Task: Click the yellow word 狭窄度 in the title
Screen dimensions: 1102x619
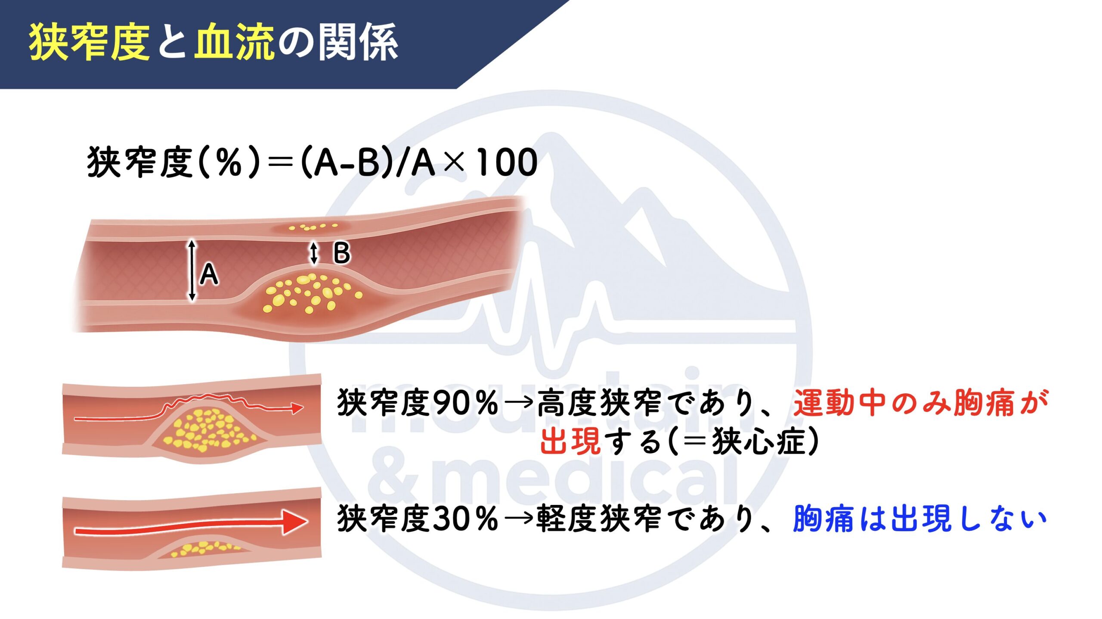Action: tap(89, 42)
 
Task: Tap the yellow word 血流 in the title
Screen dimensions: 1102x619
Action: tap(234, 42)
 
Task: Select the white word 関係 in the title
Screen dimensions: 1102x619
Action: tap(358, 42)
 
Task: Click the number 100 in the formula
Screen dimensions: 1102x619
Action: tap(507, 162)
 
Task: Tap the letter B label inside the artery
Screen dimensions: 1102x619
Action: tap(342, 253)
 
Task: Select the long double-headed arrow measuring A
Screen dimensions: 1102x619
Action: tap(192, 270)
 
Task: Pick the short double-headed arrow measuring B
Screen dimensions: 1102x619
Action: tap(314, 253)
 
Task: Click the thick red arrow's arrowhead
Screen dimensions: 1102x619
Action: tap(295, 522)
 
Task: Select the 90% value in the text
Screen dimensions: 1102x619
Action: tap(465, 403)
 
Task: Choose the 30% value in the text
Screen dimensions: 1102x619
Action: tap(465, 519)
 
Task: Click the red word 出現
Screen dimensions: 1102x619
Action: tap(570, 441)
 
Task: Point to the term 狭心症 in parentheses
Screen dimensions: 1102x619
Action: tap(758, 441)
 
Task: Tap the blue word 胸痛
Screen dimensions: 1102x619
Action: tap(823, 519)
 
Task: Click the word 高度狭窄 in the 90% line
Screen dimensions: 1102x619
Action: tap(599, 403)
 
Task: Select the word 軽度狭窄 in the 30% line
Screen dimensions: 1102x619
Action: tap(599, 519)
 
